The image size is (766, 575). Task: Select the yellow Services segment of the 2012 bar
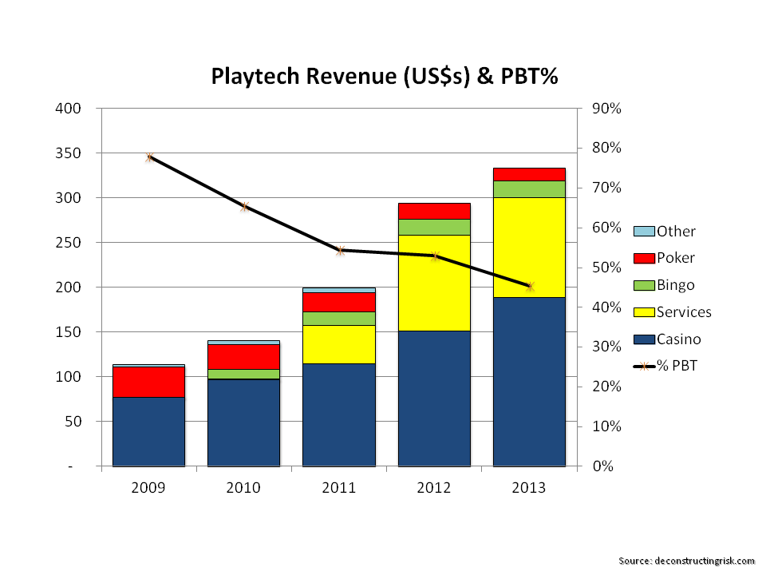pos(434,283)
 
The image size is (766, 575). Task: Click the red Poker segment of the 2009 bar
pos(148,382)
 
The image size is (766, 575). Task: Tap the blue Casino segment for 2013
pos(529,381)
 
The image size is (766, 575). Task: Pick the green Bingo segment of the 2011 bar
pos(339,318)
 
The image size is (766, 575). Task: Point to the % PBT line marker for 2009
pos(149,158)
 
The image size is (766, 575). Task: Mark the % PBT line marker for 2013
pos(530,287)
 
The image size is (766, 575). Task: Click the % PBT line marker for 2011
pos(340,251)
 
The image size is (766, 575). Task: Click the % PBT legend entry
pos(665,367)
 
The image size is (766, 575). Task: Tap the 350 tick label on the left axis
pos(72,153)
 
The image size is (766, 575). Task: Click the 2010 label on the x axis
pos(243,488)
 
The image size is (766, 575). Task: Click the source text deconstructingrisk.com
pos(686,561)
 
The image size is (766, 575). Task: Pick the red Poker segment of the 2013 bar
pos(529,174)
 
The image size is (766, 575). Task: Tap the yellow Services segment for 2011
pos(339,344)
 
